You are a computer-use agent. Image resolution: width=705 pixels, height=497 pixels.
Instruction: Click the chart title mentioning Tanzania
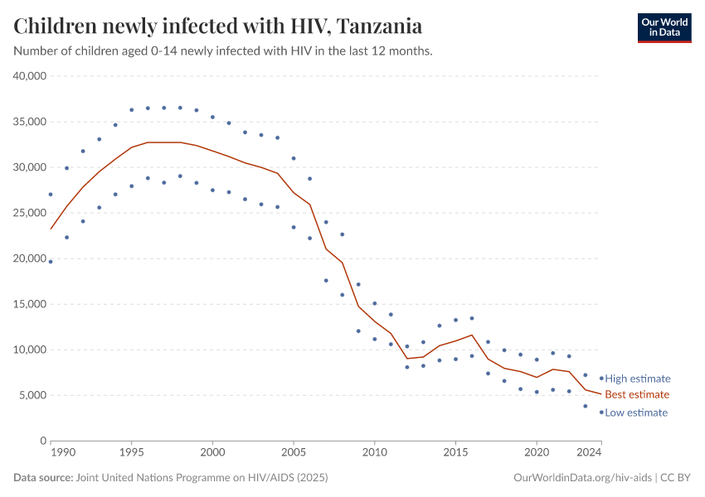click(x=217, y=26)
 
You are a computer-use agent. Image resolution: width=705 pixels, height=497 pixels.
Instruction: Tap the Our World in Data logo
click(x=664, y=27)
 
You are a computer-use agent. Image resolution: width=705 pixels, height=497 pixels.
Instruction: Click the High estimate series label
click(x=638, y=379)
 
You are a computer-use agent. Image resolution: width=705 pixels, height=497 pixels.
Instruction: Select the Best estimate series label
click(x=637, y=394)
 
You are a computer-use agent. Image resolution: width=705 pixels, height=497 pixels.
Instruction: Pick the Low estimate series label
click(x=636, y=413)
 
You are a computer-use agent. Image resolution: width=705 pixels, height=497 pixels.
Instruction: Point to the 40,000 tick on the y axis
click(x=30, y=76)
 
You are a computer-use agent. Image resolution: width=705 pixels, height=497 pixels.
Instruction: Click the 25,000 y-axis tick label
click(x=30, y=213)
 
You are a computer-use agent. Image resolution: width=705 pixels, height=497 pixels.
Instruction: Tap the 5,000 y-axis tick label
click(x=33, y=395)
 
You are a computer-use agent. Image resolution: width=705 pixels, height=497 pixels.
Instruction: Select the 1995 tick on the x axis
click(x=131, y=453)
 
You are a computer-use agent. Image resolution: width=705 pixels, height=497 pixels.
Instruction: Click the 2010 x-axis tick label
click(x=375, y=453)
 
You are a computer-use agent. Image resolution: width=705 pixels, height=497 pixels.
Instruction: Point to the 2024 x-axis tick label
click(x=590, y=453)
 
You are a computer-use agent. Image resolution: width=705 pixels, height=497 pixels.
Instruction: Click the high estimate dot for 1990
click(x=51, y=195)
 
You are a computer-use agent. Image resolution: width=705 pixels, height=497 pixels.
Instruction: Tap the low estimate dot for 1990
click(x=51, y=262)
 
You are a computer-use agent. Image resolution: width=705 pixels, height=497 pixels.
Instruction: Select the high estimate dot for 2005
click(x=294, y=158)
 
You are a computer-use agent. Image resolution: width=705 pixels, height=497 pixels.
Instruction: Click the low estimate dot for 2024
click(x=601, y=412)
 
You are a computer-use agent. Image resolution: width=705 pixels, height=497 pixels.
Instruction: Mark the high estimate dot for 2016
click(x=472, y=318)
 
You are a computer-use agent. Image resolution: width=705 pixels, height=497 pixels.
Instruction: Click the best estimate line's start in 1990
click(x=51, y=229)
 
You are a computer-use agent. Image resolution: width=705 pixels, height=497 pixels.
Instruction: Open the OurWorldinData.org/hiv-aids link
click(x=583, y=478)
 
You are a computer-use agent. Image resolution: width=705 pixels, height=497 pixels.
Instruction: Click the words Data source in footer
click(x=43, y=478)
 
